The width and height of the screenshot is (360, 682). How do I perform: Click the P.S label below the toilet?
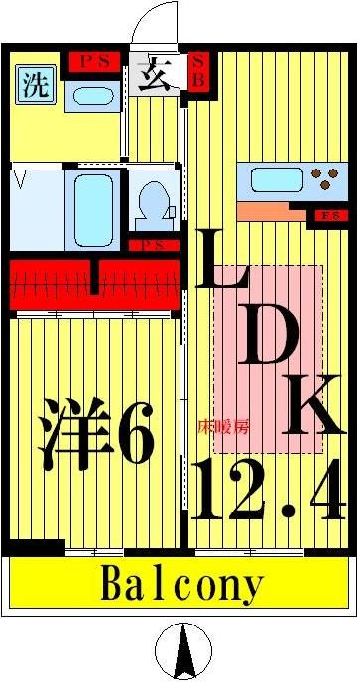coord(152,245)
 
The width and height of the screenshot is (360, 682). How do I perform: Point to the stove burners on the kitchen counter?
coord(321,180)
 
